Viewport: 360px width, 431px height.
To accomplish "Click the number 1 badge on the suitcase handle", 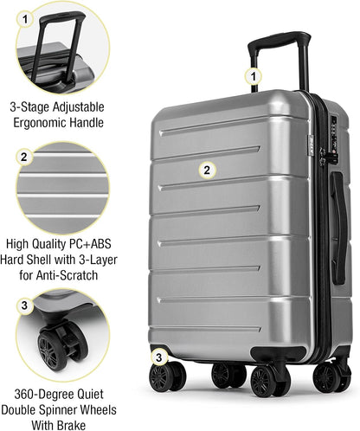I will [x=253, y=76].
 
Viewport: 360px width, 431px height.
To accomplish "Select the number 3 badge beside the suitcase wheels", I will [x=157, y=356].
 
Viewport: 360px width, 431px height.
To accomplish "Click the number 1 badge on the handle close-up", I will [x=26, y=17].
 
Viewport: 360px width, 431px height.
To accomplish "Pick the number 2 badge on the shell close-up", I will [x=25, y=158].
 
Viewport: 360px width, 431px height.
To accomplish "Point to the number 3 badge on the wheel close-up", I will [x=25, y=306].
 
